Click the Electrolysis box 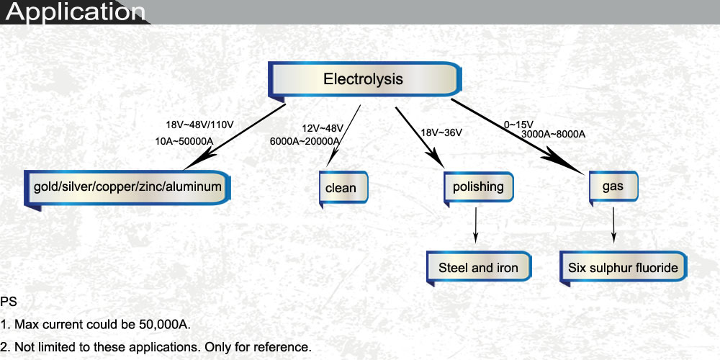coord(364,79)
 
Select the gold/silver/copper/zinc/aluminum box coord(127,187)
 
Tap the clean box coord(341,188)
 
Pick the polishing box coord(478,187)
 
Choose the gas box coord(612,186)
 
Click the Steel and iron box coord(478,268)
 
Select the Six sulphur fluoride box coord(624,268)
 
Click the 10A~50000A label coord(188,141)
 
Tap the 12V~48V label coord(323,128)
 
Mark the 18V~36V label coord(441,132)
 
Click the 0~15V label coord(518,124)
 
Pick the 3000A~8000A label coord(553,134)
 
